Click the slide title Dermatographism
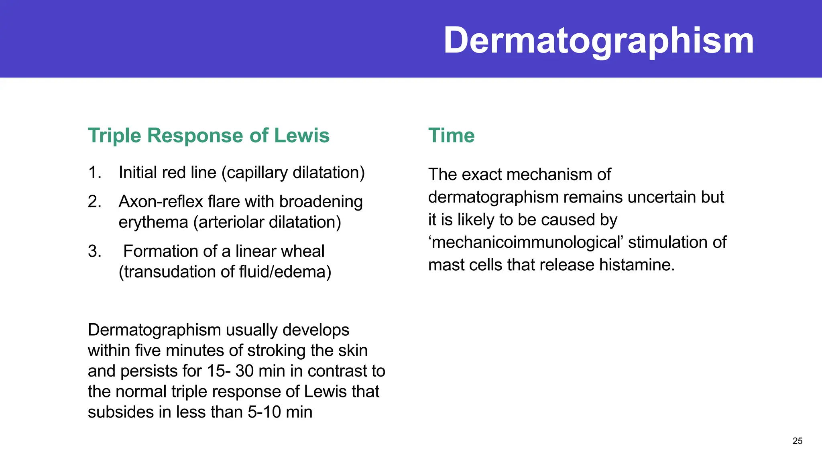[x=598, y=41]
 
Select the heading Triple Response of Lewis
[x=209, y=136]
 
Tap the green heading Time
[x=451, y=136]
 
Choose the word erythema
[x=153, y=222]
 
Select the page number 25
[x=798, y=441]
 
